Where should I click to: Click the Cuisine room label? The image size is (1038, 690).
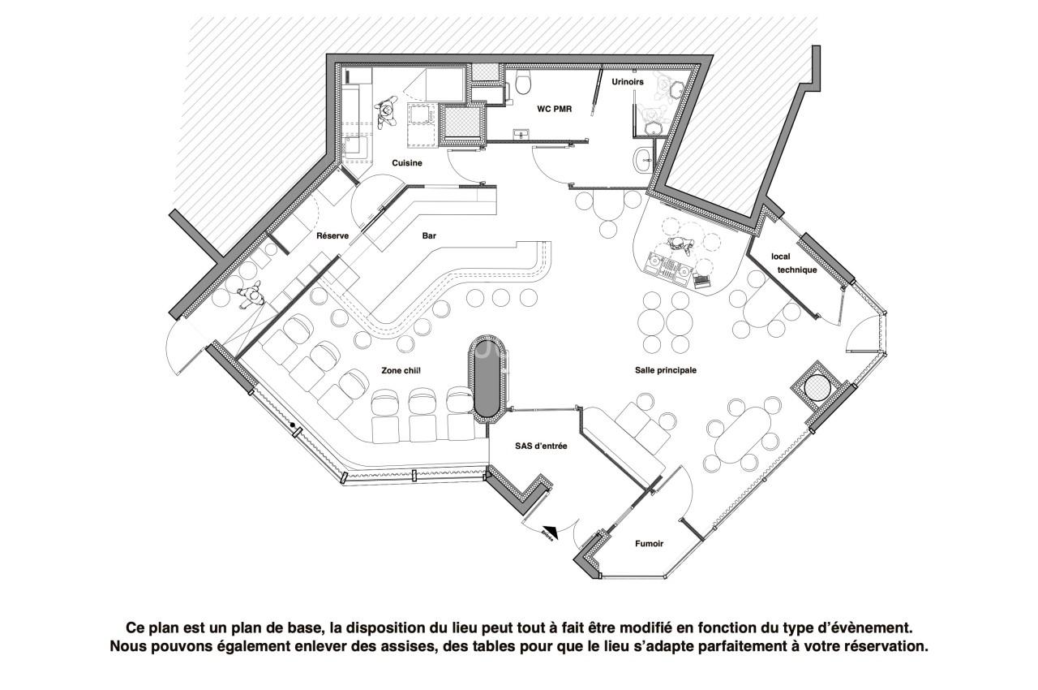coord(407,163)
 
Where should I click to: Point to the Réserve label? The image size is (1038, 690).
coord(332,236)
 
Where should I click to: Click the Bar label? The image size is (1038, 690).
coord(429,236)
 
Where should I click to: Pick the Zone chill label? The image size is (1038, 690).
coord(401,370)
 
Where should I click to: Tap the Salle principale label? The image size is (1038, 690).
coord(666,370)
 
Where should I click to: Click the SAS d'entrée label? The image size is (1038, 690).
coord(541,446)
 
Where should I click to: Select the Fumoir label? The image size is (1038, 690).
coord(649,544)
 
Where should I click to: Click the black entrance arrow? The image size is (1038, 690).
coord(549,533)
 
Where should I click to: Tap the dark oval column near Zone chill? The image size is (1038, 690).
coord(487,379)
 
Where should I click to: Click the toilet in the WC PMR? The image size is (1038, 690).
coord(523,81)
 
